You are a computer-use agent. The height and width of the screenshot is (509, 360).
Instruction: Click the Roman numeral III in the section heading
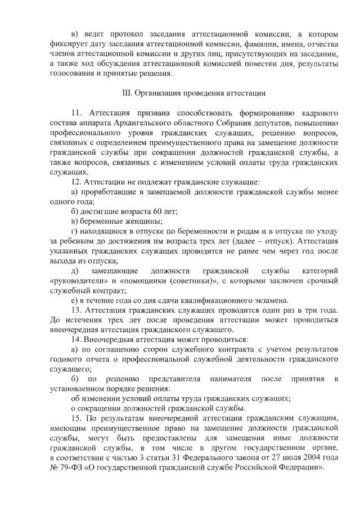127,92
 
